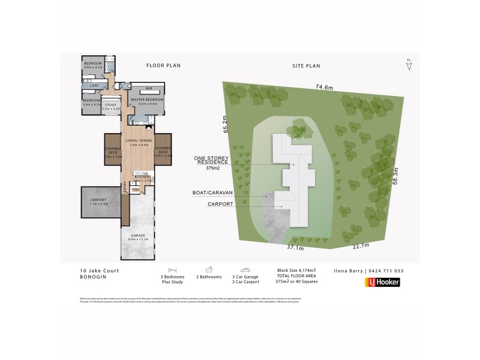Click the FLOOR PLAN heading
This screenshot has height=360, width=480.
[164, 65]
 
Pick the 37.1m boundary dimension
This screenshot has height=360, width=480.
[295, 247]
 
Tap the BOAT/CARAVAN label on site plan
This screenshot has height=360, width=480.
[216, 193]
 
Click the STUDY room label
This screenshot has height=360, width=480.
[112, 105]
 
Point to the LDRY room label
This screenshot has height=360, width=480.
[94, 85]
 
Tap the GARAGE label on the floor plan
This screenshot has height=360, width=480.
[137, 236]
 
